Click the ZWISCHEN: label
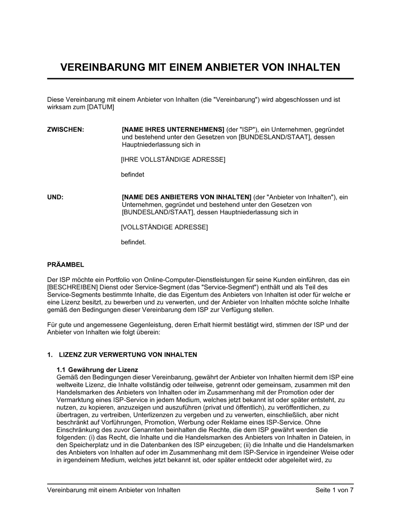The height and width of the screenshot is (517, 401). click(66, 129)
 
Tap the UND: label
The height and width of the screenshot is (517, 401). click(55, 197)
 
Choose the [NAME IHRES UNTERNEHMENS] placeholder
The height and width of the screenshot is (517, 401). click(173, 129)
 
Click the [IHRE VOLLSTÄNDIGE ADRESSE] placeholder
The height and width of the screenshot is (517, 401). click(173, 160)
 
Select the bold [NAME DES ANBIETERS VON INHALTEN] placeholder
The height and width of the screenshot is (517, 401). click(186, 197)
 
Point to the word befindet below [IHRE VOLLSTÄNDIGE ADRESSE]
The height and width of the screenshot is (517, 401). click(132, 175)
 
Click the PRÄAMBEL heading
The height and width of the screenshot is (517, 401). click(66, 265)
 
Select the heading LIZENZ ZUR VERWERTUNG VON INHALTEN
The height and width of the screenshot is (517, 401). click(128, 355)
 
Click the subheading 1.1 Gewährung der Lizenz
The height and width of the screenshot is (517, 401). click(97, 370)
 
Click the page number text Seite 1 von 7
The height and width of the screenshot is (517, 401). click(334, 490)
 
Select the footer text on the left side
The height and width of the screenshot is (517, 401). click(113, 490)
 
